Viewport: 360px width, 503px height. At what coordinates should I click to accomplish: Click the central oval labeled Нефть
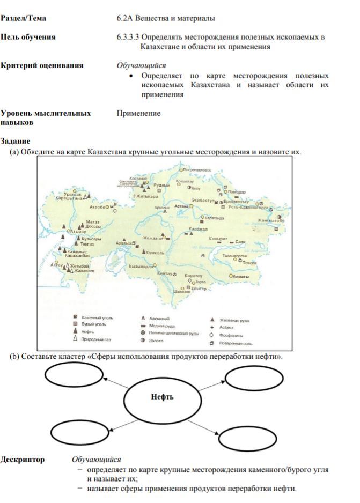click(161, 398)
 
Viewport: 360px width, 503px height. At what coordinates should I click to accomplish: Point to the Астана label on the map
click(182, 206)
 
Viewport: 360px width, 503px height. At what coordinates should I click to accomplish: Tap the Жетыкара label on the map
click(147, 197)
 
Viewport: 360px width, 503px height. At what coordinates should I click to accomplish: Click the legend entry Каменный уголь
click(100, 318)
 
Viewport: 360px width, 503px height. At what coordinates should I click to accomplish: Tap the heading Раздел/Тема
click(23, 18)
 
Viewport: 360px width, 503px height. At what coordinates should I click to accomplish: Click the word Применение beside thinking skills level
click(138, 113)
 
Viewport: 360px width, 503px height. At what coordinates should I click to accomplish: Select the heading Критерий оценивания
click(42, 65)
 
